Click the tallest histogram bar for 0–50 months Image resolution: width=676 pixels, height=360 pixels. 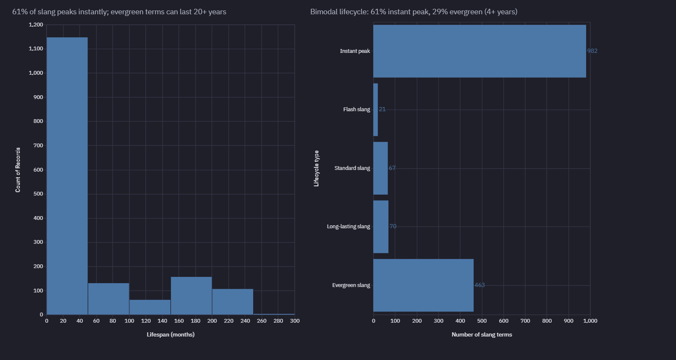(x=67, y=176)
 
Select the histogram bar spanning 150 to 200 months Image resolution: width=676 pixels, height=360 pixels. (x=191, y=296)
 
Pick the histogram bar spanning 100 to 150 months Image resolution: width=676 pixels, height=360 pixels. (x=150, y=307)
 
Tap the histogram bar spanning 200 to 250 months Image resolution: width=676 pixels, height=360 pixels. (x=233, y=302)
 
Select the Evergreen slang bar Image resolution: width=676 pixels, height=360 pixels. (x=423, y=285)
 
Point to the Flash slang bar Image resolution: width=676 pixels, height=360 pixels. (x=375, y=110)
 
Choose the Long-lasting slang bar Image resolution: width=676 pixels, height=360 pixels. (x=381, y=227)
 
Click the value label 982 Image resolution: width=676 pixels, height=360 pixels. (x=592, y=51)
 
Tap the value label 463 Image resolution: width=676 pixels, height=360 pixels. (x=479, y=285)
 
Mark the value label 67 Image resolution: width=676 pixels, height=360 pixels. (x=392, y=168)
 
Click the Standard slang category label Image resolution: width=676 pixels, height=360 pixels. (x=352, y=168)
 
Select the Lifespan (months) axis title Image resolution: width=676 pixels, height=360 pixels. (x=170, y=334)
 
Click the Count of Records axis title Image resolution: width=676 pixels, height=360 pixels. (x=18, y=170)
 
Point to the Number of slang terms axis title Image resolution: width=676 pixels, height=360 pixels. (x=482, y=334)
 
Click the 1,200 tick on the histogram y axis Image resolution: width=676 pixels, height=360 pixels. (x=36, y=25)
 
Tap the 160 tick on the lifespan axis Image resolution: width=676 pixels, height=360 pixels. (x=179, y=321)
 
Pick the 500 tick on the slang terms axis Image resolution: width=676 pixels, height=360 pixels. (x=482, y=321)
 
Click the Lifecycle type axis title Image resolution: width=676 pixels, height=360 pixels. (x=317, y=168)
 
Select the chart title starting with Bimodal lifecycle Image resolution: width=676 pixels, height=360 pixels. (x=414, y=12)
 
